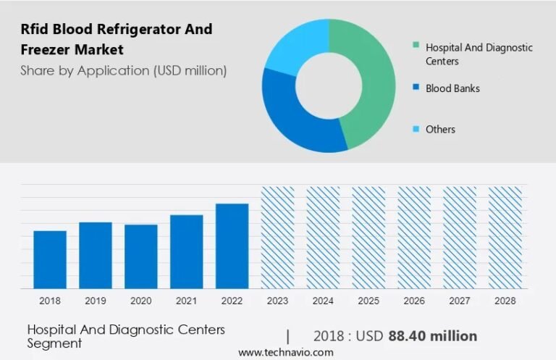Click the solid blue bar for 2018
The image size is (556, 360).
[x=50, y=259]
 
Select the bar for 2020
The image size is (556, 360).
[x=140, y=256]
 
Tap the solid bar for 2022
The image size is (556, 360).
[x=232, y=246]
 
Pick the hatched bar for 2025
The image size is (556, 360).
[x=368, y=238]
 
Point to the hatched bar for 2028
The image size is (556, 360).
[x=505, y=238]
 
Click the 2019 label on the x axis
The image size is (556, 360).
[x=96, y=301]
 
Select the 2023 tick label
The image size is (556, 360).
[x=277, y=301]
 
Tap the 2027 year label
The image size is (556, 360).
[x=460, y=301]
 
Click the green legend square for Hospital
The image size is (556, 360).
[x=416, y=45]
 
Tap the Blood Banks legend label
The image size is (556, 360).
[x=452, y=88]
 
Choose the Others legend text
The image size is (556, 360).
[x=440, y=129]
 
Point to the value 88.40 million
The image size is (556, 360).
[x=433, y=336]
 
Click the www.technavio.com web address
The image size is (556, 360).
[x=286, y=352]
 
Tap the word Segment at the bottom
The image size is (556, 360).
[x=54, y=343]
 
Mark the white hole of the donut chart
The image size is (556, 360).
[x=329, y=85]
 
